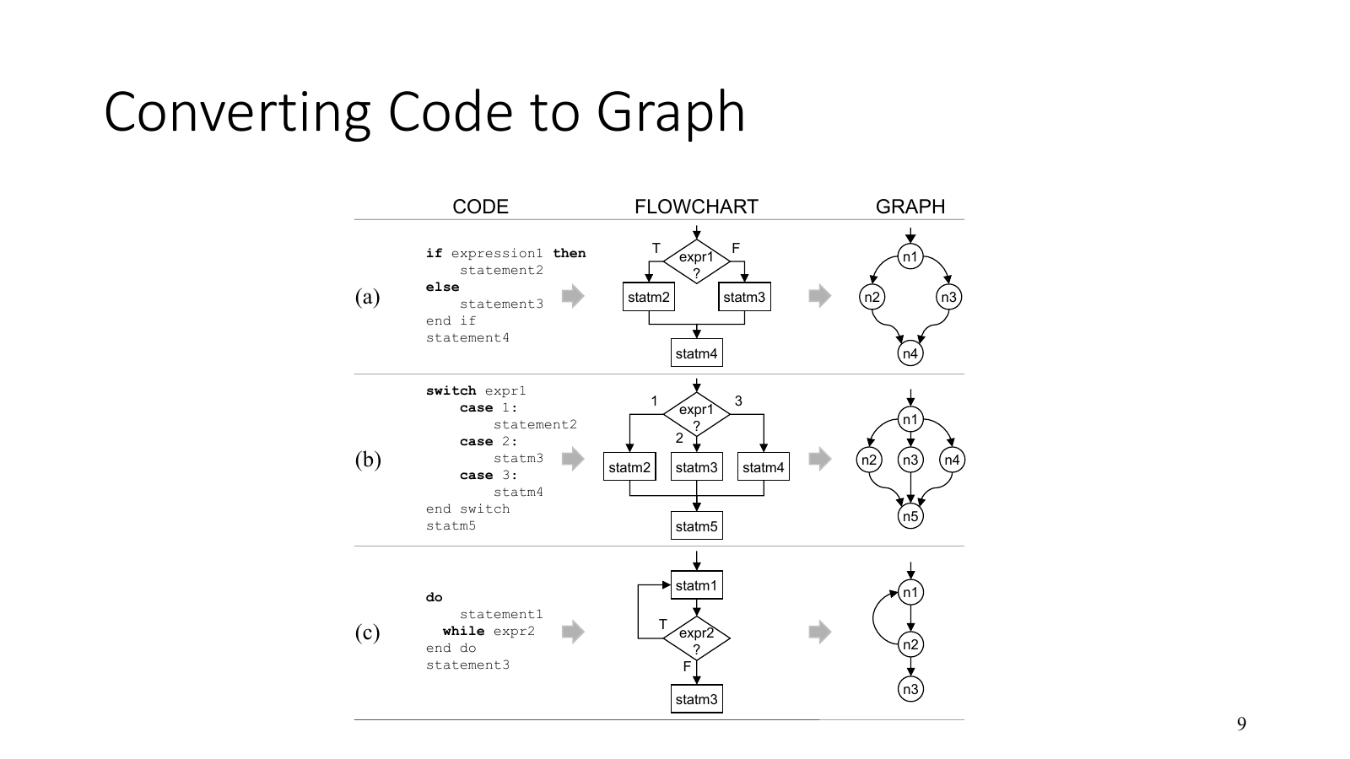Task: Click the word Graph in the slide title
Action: (671, 112)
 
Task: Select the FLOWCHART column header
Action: (696, 207)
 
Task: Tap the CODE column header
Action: (480, 207)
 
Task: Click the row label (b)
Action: (367, 460)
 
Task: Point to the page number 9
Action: (1241, 724)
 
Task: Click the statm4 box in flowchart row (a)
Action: (696, 353)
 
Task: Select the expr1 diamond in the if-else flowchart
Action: (696, 262)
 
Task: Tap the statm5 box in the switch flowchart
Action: (696, 526)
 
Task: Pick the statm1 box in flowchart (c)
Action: (696, 585)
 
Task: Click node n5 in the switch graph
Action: (910, 516)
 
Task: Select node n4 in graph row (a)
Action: (910, 353)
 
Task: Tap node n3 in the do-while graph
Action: (910, 689)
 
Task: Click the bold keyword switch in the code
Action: (451, 390)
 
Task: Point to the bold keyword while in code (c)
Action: (463, 631)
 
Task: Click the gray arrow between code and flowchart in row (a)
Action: (573, 295)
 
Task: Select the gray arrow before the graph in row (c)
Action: (819, 631)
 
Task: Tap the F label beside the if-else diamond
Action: (736, 248)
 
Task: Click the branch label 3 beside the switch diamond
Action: (738, 401)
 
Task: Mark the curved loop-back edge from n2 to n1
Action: (875, 618)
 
